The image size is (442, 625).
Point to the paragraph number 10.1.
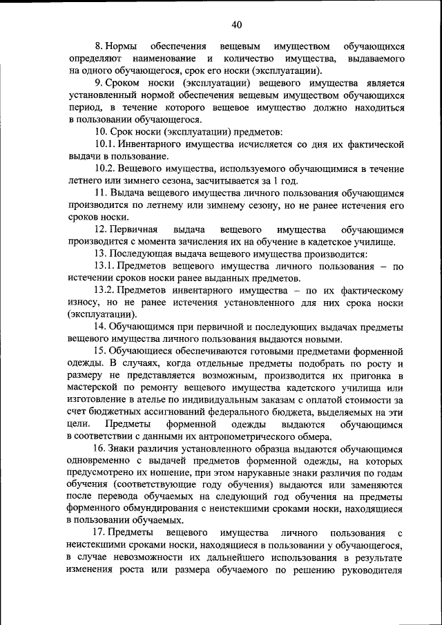[x=106, y=144]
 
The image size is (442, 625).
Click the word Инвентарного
[x=156, y=144]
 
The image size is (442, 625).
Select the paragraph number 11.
[x=100, y=192]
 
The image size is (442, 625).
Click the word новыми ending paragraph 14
[x=322, y=339]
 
